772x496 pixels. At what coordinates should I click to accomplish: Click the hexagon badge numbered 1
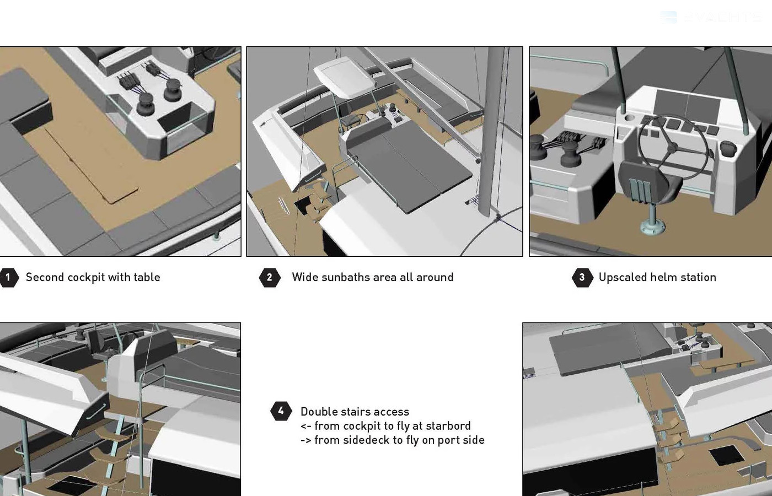[8, 277]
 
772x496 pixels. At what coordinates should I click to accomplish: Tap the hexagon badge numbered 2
[270, 277]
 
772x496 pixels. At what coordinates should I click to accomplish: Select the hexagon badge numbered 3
[582, 277]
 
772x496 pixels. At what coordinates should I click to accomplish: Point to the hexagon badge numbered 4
[281, 411]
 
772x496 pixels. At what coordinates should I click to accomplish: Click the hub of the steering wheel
[672, 148]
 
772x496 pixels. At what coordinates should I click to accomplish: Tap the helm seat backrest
[644, 184]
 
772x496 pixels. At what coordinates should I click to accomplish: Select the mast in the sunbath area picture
[495, 132]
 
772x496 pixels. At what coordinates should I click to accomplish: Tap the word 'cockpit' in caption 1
[86, 278]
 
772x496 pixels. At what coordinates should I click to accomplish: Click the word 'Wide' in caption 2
[305, 277]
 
